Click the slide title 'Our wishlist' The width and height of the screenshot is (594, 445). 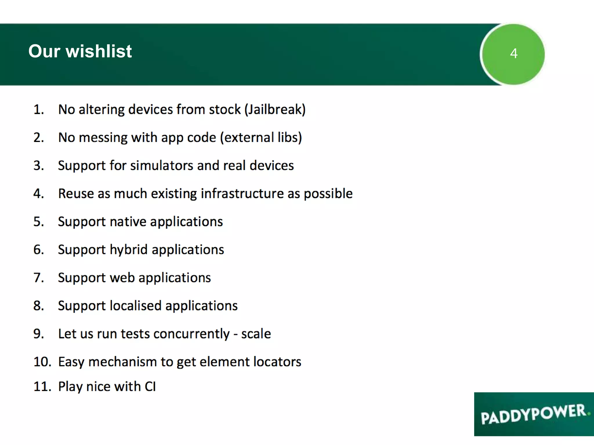80,51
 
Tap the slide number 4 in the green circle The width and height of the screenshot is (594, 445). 514,54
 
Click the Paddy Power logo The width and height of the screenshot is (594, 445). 534,414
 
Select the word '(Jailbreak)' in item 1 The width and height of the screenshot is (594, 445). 275,110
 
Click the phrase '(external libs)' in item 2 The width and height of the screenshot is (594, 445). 261,138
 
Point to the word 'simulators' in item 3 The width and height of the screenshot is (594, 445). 162,166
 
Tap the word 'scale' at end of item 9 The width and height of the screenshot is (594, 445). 256,334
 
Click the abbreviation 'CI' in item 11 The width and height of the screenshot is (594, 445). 150,387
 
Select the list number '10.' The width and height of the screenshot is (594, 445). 42,362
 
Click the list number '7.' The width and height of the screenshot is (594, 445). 39,278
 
